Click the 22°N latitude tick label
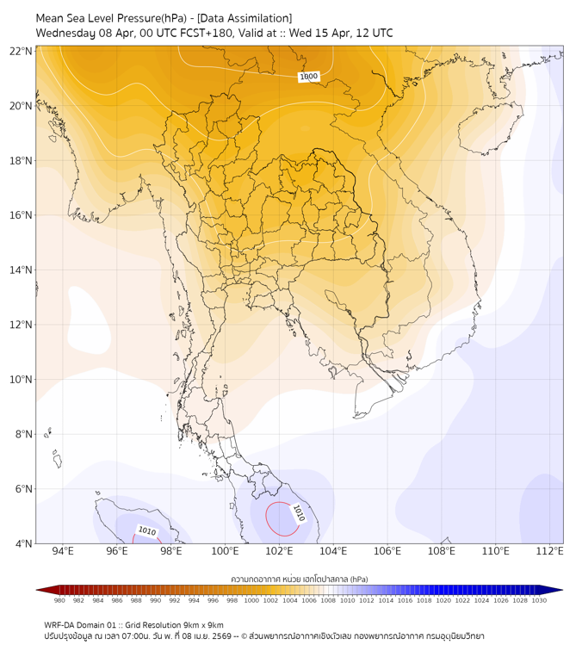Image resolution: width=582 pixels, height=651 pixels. click(x=22, y=51)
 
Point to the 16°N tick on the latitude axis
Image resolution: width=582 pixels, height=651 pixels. click(x=22, y=215)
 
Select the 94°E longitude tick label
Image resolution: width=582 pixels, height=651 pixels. click(x=63, y=551)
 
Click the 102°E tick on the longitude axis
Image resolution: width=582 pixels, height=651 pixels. click(x=279, y=551)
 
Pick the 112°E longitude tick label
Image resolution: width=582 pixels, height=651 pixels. click(x=550, y=551)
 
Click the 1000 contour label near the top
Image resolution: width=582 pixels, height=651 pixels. click(x=309, y=77)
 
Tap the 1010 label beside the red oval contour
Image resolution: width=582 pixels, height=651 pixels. click(x=298, y=514)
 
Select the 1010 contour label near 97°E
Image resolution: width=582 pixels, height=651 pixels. click(x=147, y=531)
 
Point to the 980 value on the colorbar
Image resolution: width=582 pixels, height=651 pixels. click(x=59, y=600)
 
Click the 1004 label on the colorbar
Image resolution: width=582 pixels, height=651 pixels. click(x=290, y=600)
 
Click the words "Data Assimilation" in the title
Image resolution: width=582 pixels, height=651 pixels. click(x=245, y=18)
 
